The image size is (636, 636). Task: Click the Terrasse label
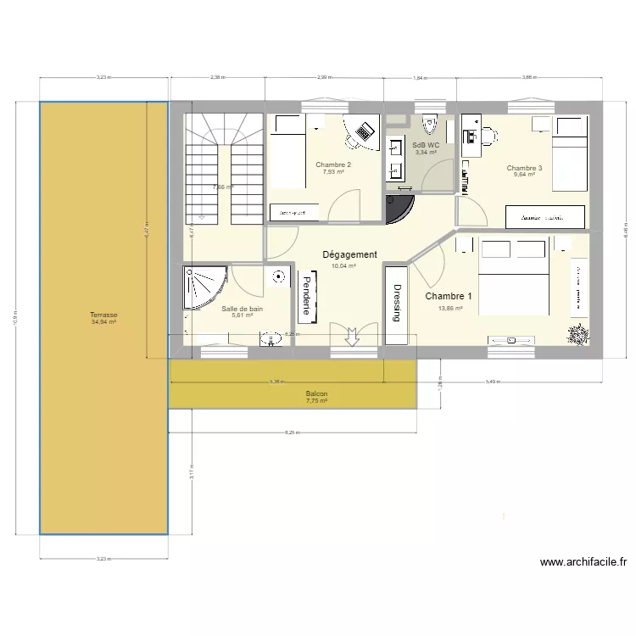tap(103, 315)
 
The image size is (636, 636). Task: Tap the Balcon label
tap(316, 394)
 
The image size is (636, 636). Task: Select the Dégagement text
tap(349, 254)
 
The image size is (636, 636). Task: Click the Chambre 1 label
tap(449, 296)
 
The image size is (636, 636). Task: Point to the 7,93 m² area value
tap(333, 172)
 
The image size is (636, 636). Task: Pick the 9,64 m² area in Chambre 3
tap(524, 176)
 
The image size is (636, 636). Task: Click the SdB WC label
tap(426, 145)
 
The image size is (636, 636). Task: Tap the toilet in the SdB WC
tap(430, 125)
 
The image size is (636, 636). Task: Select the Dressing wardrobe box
tap(396, 304)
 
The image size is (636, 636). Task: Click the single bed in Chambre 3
tap(571, 152)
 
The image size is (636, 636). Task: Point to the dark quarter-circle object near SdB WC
tap(399, 208)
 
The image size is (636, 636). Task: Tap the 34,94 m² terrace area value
tap(103, 322)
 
